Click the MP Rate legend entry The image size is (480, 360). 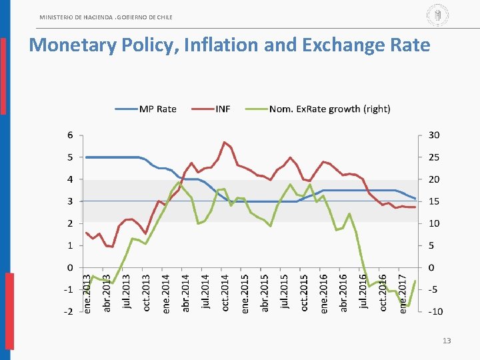coord(157,109)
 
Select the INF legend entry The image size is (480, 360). coord(223,109)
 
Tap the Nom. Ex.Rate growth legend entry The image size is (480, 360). coord(329,109)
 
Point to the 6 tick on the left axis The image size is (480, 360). coord(70,135)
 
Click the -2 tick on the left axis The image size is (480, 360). coord(69,312)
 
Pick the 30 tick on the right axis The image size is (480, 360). coord(434,135)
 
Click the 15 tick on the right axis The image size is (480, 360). coord(434,201)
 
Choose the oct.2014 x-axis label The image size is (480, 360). coord(225,291)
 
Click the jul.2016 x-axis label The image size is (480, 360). coord(363,291)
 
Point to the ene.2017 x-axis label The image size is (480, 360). coord(403,291)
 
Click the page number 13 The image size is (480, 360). coord(447,341)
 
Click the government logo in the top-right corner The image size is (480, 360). coord(437,15)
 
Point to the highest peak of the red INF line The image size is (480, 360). coord(225,142)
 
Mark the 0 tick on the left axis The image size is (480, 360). coord(70,268)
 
